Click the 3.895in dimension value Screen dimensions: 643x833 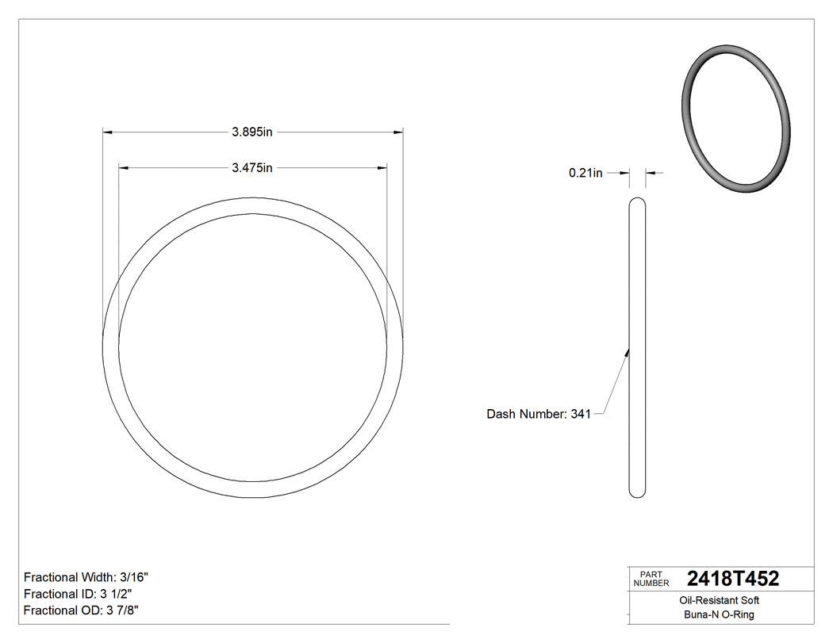tap(252, 133)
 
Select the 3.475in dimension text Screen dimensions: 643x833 tap(252, 168)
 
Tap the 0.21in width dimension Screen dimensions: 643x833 tap(585, 173)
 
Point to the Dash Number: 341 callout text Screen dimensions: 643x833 tap(539, 414)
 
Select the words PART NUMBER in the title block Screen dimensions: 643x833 tap(651, 579)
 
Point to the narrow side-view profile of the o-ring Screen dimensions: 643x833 tap(637, 349)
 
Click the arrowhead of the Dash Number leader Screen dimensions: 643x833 tap(628, 352)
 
